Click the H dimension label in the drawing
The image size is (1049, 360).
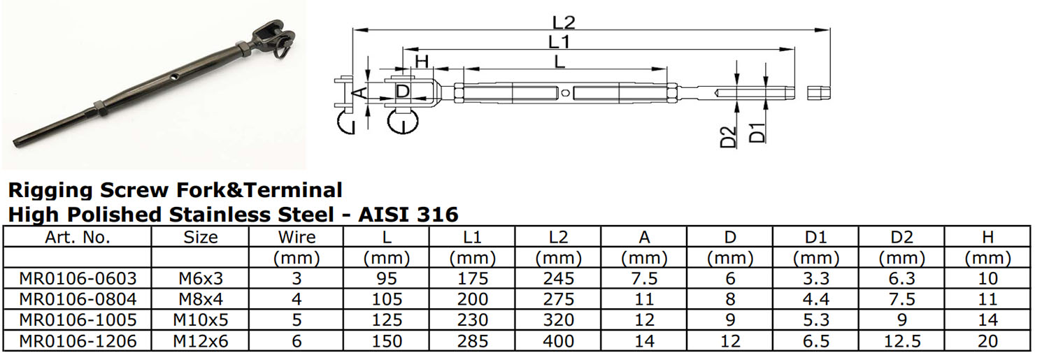pos(421,62)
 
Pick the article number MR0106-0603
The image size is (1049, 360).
pos(77,278)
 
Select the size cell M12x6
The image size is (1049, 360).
pos(201,341)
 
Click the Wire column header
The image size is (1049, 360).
pos(297,237)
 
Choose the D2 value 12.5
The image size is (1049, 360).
pos(902,341)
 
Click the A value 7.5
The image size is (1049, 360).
pos(643,278)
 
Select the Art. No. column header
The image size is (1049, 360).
pos(77,237)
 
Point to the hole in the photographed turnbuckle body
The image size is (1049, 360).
pos(172,74)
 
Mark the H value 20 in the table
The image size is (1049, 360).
pos(987,341)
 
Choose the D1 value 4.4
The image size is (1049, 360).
pos(815,299)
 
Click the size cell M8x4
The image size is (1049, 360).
pos(201,299)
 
